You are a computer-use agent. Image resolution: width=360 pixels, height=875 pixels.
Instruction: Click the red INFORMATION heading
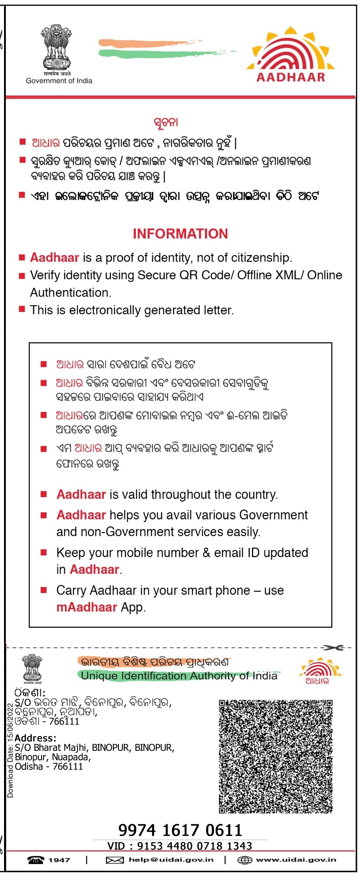[180, 234]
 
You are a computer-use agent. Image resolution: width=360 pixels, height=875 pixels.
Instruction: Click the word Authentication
[70, 293]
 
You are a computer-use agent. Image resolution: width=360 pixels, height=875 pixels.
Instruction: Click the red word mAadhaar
[87, 607]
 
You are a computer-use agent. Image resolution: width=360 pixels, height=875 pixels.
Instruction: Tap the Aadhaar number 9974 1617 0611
[180, 830]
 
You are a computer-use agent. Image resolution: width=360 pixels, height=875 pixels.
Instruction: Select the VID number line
[180, 846]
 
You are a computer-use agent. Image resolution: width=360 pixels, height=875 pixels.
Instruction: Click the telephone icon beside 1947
[36, 860]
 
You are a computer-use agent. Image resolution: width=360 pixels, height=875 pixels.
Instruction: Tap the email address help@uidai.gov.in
[171, 860]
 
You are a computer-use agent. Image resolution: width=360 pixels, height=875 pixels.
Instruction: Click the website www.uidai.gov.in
[296, 860]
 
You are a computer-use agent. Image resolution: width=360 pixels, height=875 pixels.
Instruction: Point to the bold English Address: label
[35, 738]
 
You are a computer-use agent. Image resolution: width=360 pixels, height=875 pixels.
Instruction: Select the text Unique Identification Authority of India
[179, 676]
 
